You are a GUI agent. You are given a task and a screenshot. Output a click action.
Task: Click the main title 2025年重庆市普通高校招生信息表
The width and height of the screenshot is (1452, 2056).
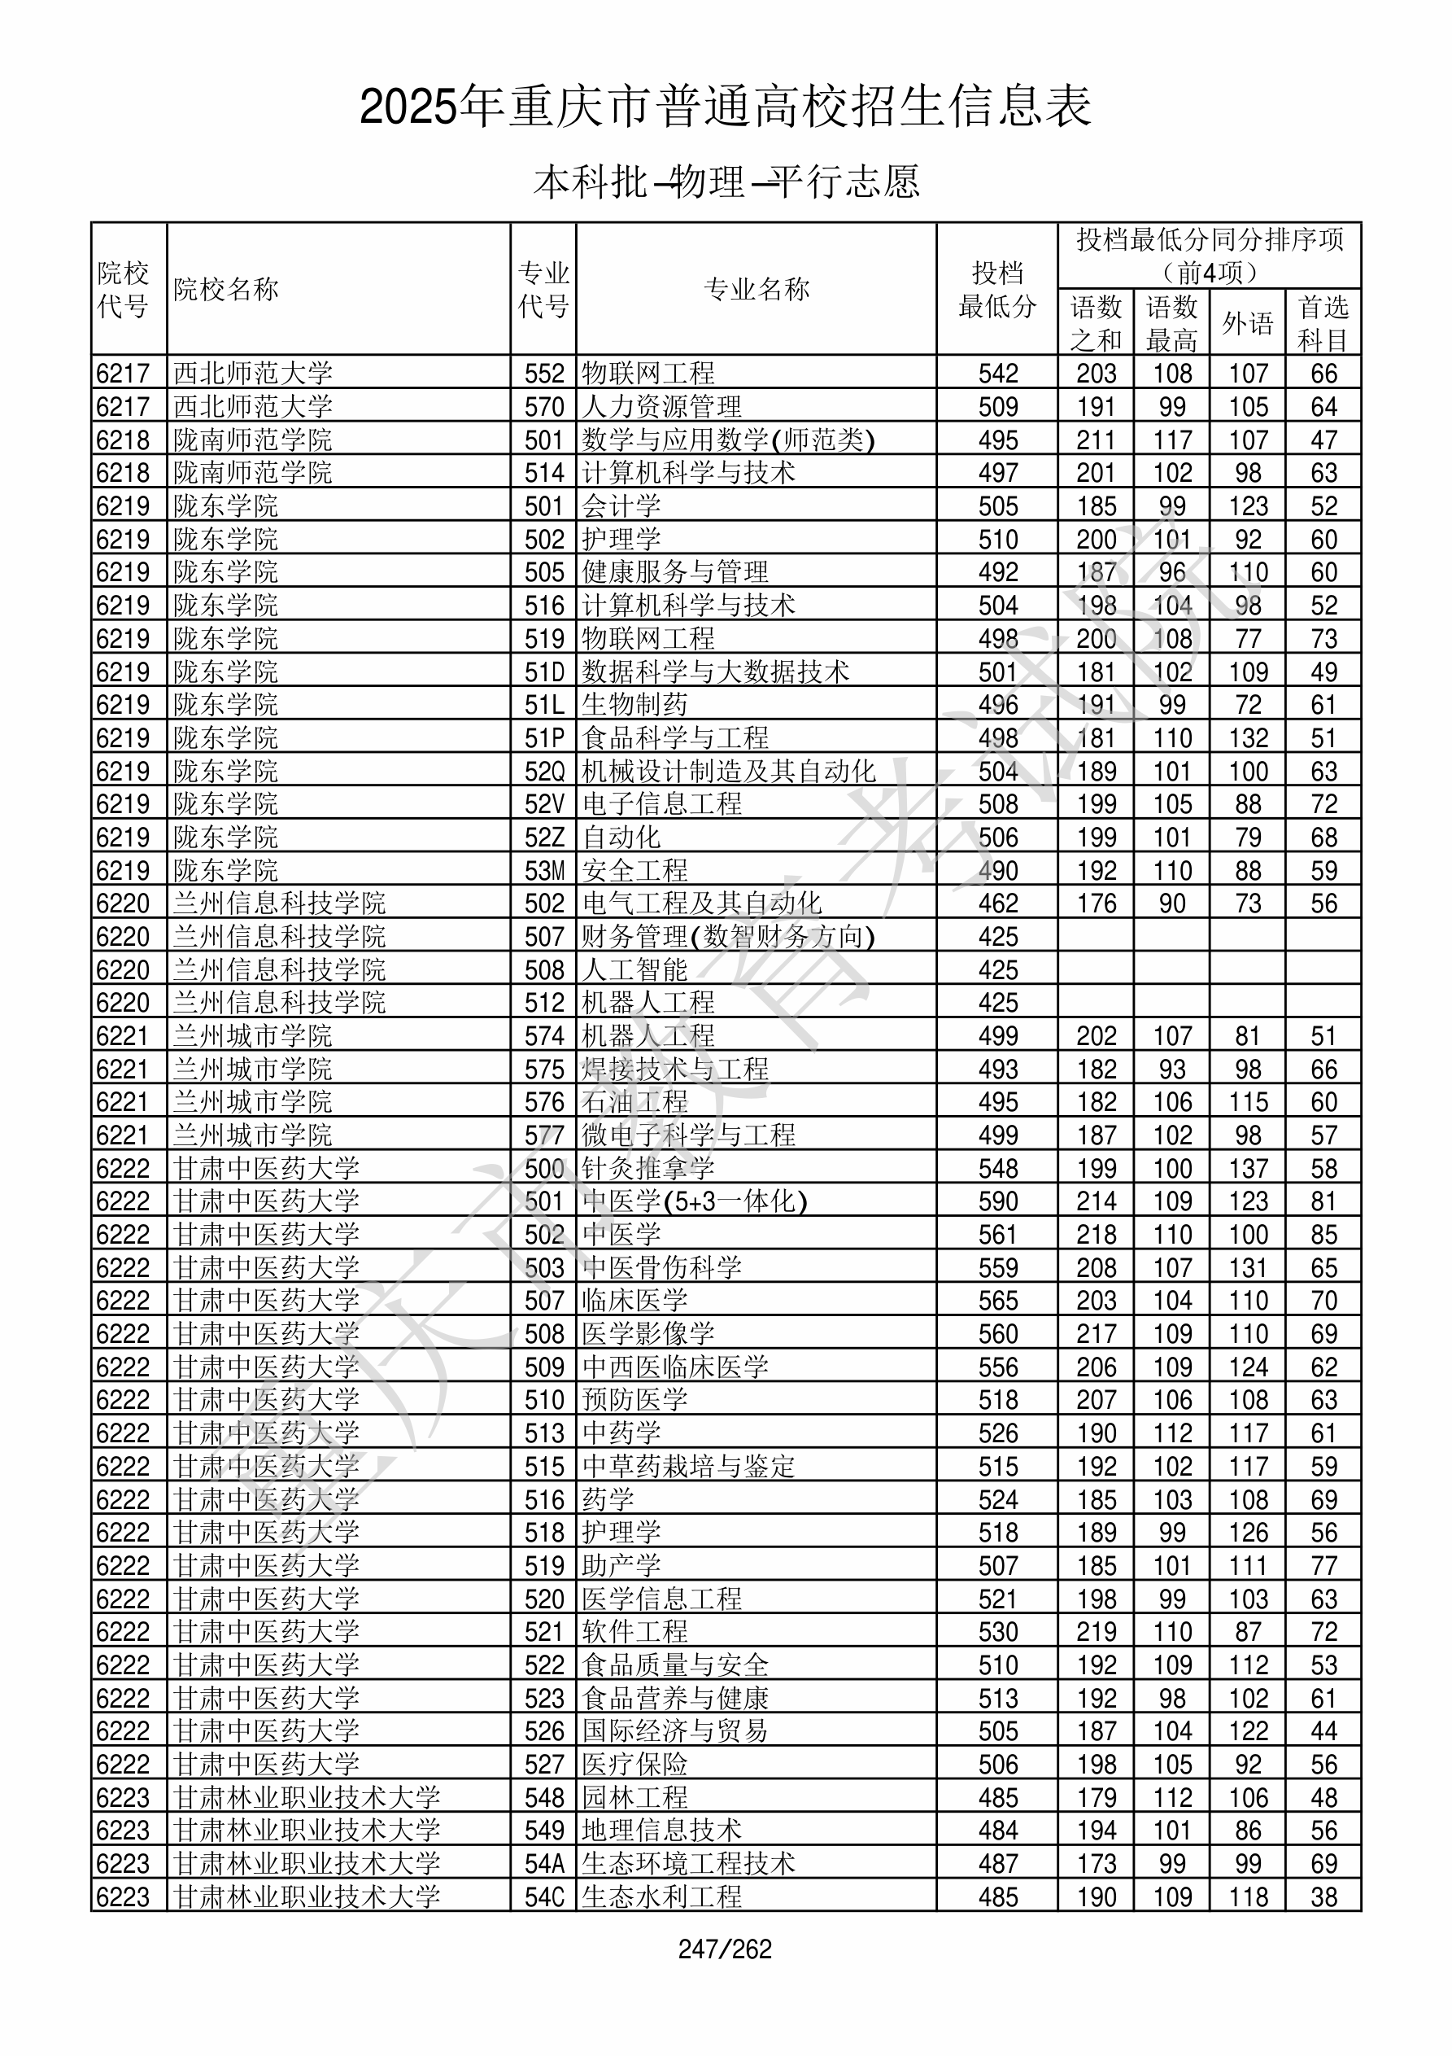[x=725, y=107]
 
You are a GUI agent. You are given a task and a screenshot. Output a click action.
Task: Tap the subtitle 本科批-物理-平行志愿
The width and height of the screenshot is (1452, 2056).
[x=726, y=182]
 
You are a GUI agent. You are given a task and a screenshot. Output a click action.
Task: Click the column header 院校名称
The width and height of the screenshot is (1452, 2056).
[x=226, y=289]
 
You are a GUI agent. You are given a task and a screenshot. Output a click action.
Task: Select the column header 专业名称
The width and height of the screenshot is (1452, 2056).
[x=757, y=289]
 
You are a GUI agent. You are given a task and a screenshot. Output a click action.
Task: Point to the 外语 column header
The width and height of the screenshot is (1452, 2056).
[x=1247, y=323]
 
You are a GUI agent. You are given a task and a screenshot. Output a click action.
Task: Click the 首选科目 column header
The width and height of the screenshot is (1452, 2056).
[x=1323, y=323]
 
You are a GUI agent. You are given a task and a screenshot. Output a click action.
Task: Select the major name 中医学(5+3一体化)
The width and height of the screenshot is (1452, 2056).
[x=695, y=1201]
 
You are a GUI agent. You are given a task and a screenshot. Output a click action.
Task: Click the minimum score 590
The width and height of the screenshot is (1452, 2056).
[x=998, y=1201]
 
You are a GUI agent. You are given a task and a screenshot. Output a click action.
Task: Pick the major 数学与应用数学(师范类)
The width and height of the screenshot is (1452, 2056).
[x=728, y=440]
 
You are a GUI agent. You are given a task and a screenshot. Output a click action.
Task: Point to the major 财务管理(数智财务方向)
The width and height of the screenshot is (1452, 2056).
[x=728, y=937]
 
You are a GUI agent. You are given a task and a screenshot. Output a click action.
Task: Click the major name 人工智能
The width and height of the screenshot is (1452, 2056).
[x=634, y=969]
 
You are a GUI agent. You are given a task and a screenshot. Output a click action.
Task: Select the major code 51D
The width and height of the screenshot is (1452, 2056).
[x=544, y=671]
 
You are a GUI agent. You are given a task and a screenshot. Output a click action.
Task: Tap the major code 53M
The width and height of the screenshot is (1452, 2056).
[x=544, y=870]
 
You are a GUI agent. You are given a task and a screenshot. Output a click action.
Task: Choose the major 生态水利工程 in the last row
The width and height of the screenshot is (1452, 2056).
[x=661, y=1896]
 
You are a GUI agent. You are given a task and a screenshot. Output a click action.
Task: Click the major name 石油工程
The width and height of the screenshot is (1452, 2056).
[x=634, y=1102]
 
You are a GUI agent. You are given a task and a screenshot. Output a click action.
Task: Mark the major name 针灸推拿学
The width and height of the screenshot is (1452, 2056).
[x=648, y=1169]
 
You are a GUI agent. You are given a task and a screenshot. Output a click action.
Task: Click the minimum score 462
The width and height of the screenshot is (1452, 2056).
[x=998, y=903]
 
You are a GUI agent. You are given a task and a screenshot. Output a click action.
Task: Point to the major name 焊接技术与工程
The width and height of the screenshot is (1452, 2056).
[x=675, y=1070]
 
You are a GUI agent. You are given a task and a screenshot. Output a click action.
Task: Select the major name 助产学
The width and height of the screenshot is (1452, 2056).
[x=621, y=1566]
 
